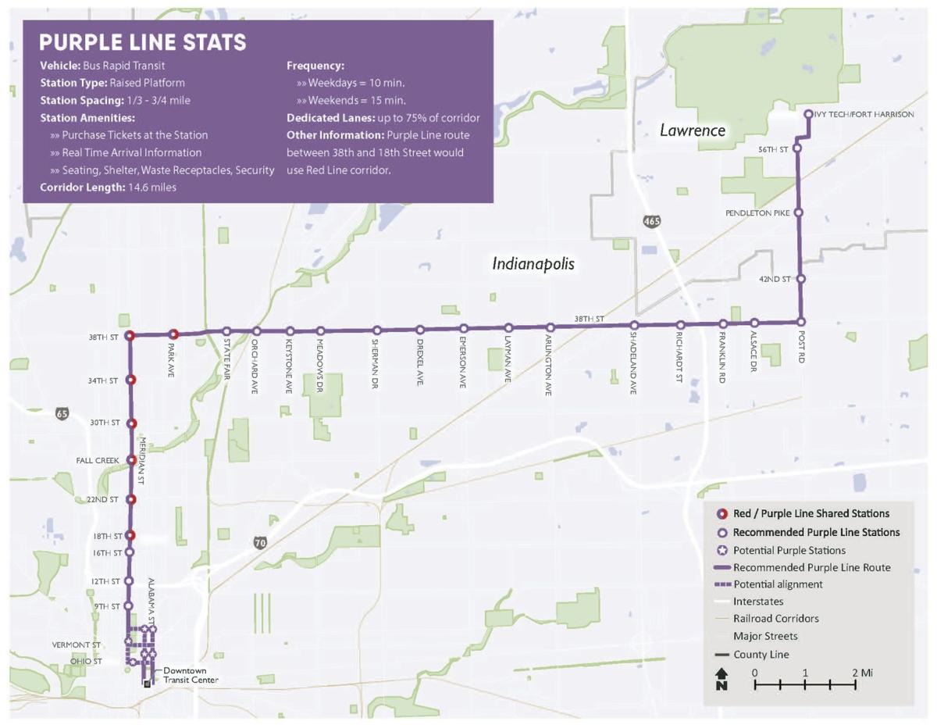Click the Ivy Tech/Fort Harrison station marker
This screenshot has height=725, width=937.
point(808,114)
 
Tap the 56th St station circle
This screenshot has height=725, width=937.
point(797,148)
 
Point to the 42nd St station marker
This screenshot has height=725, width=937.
point(800,279)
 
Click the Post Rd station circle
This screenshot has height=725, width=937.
point(801,322)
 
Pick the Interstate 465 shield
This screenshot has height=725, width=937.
point(652,221)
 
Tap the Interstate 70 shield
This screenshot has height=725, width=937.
point(260,541)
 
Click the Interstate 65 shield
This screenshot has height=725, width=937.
point(62,413)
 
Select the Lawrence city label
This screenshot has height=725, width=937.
point(693,130)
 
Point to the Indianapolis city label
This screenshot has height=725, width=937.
point(533,264)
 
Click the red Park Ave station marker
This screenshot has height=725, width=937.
point(174,334)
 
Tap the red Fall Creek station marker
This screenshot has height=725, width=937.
point(131,460)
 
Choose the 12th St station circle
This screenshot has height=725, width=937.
point(130,581)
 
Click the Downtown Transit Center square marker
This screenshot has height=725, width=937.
point(147,684)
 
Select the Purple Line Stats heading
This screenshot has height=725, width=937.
point(143,42)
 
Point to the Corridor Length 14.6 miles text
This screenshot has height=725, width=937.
point(109,187)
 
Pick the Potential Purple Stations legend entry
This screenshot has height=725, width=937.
point(789,550)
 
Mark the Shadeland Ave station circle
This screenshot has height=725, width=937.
point(635,326)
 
